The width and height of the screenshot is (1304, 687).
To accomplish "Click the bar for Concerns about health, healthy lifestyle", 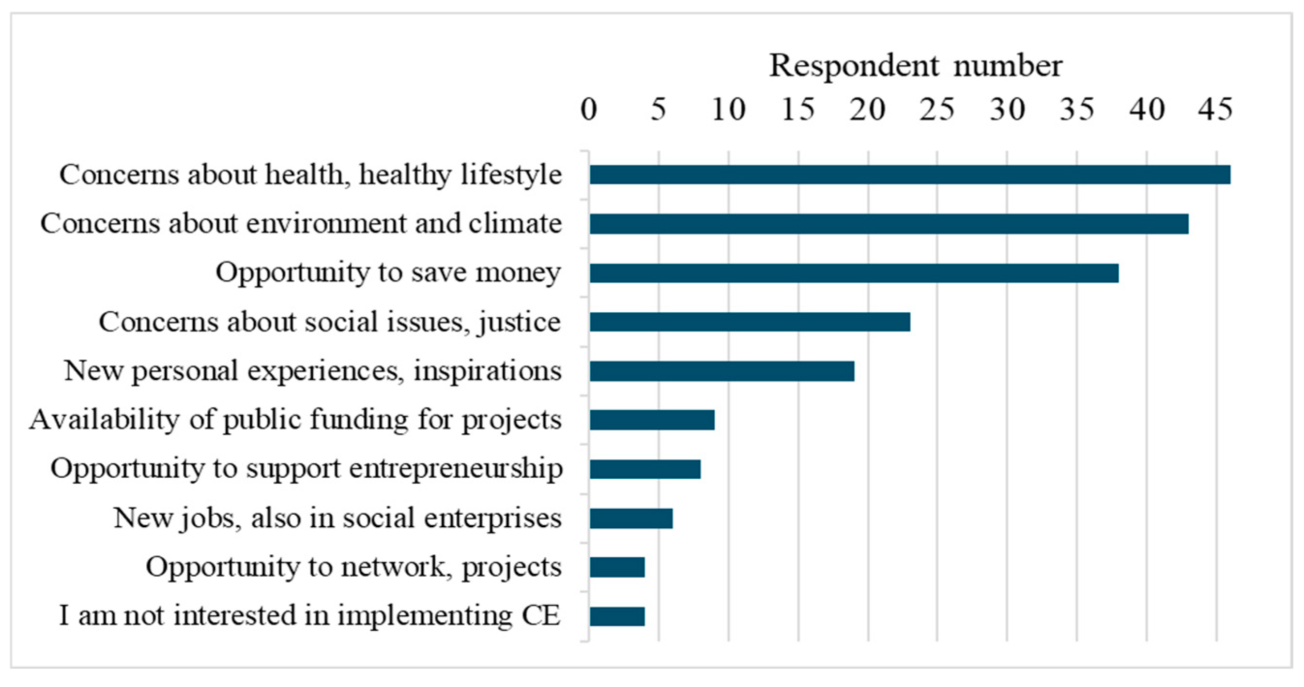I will (910, 175).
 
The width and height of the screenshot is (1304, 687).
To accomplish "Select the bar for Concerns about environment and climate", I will (889, 224).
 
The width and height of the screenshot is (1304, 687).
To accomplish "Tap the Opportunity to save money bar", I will (854, 273).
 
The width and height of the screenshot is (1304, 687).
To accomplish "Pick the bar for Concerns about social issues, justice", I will (750, 322).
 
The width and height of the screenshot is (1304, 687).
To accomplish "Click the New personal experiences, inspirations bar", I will (722, 371).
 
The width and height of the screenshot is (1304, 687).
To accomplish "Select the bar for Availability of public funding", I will (652, 420).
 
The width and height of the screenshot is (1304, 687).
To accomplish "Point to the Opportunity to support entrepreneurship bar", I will (645, 469).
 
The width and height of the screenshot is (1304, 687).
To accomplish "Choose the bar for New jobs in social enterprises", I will (631, 519).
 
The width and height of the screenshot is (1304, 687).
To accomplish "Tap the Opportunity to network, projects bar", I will (617, 567).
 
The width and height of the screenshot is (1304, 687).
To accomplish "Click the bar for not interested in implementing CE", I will (617, 617).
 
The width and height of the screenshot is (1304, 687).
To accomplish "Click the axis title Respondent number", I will (915, 66).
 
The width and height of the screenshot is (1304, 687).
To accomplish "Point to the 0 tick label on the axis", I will (589, 109).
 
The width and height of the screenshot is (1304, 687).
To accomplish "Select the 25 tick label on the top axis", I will (937, 109).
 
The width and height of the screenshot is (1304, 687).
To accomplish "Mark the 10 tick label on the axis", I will (728, 109).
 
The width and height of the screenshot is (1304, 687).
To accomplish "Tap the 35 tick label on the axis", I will (1077, 109).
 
